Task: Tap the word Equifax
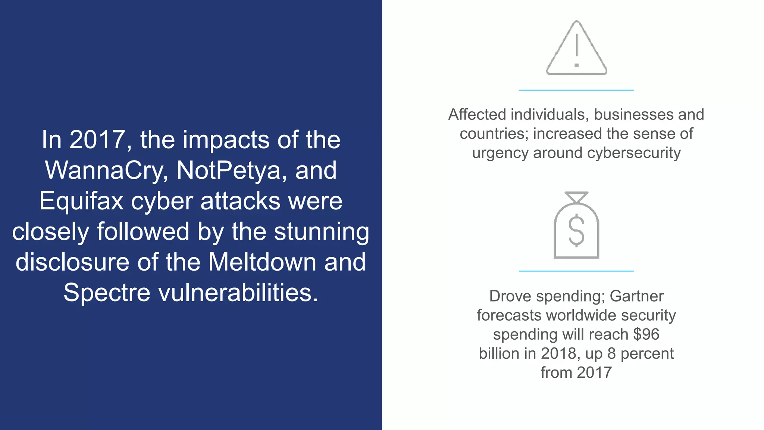[x=81, y=201]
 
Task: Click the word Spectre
[x=107, y=292]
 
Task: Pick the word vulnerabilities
[x=238, y=292]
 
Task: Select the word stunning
[x=322, y=232]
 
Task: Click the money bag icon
[x=576, y=225]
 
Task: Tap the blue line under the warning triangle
[x=576, y=90]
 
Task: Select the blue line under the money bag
[x=576, y=271]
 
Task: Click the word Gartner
[x=636, y=296]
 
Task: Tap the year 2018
[x=558, y=353]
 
